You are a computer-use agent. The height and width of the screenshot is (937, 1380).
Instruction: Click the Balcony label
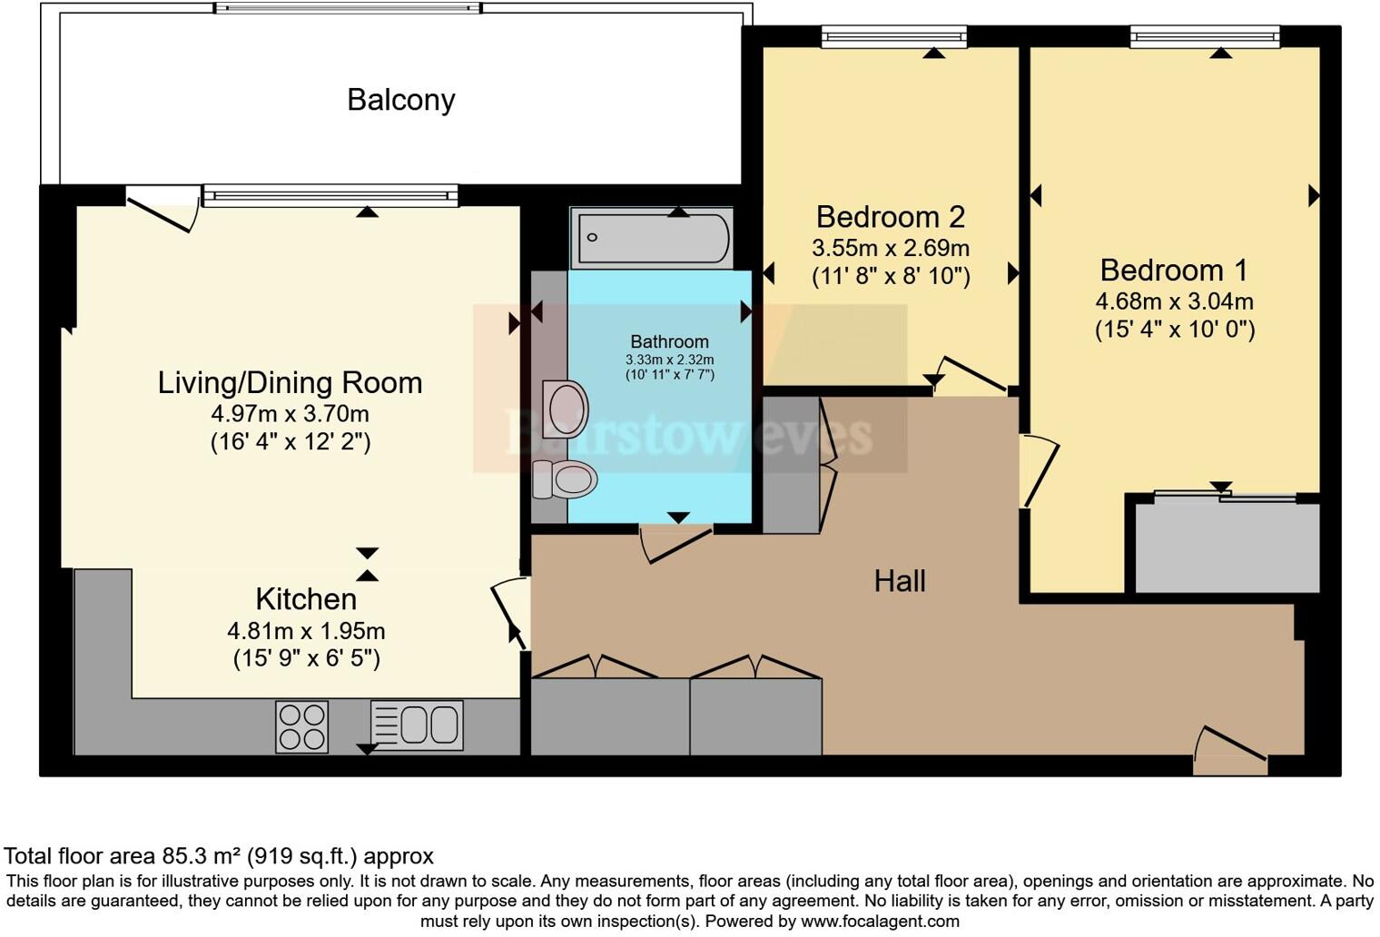(400, 100)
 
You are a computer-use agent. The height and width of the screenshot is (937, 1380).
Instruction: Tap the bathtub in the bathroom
(651, 238)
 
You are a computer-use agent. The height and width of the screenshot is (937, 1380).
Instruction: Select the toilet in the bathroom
(565, 478)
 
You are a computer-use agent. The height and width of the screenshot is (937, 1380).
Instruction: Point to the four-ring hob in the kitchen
(302, 726)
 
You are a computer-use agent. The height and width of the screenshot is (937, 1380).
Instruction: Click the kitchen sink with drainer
(417, 725)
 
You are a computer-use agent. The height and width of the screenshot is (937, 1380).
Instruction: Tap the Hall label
(899, 581)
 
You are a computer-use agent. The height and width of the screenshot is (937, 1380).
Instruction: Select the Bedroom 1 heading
(1173, 271)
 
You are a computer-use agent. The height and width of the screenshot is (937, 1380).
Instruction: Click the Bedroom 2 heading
(890, 217)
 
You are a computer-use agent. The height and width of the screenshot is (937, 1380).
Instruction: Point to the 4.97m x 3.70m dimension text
(290, 414)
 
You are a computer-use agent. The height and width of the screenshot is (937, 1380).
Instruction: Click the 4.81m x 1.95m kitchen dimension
(306, 630)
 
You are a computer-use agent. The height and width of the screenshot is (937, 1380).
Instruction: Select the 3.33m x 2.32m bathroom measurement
(669, 360)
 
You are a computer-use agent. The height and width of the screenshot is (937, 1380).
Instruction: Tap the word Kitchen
(306, 599)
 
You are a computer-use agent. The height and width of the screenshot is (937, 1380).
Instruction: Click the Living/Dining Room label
(290, 383)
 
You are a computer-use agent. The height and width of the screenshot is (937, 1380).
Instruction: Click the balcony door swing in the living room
(162, 207)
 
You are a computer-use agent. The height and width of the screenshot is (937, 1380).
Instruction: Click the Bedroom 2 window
(893, 36)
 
